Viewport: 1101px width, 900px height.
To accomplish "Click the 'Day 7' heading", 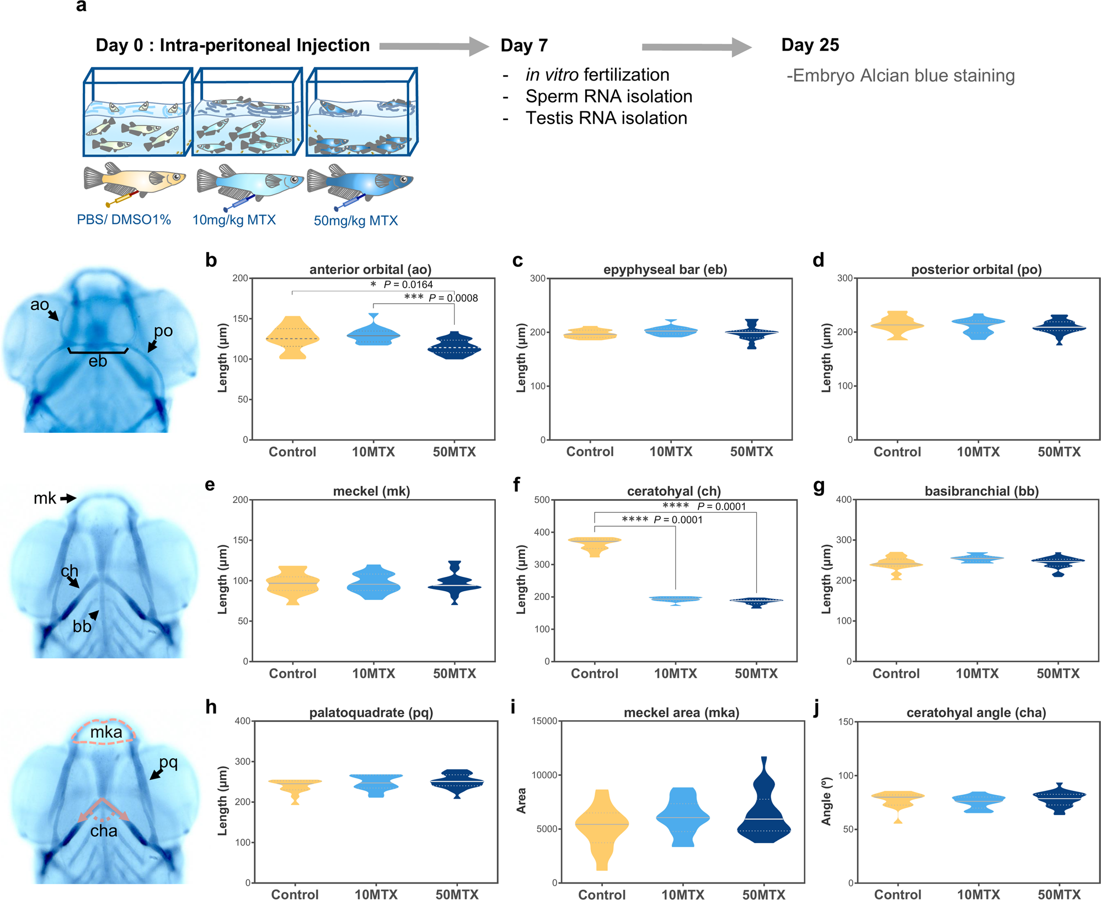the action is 524,45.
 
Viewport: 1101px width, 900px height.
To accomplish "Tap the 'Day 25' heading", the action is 810,45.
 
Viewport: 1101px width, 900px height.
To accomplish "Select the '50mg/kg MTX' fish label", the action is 356,221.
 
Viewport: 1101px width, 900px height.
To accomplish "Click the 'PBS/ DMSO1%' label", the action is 124,219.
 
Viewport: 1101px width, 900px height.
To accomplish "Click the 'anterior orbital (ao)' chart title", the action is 370,270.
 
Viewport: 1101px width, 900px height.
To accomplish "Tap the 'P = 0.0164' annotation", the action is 408,285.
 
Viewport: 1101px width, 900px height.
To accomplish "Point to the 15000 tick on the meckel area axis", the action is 544,721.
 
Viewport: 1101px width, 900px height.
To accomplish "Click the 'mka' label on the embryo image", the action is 106,732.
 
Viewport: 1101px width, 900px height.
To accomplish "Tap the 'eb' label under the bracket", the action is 98,361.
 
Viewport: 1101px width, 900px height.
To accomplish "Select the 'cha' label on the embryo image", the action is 104,831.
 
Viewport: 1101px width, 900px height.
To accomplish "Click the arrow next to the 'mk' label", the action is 68,499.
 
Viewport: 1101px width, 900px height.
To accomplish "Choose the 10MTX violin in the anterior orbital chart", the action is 373,331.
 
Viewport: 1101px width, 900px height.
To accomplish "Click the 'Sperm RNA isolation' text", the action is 608,97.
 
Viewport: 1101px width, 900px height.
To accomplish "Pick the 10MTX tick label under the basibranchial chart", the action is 977,673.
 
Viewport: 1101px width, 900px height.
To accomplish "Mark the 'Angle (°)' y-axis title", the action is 826,802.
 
